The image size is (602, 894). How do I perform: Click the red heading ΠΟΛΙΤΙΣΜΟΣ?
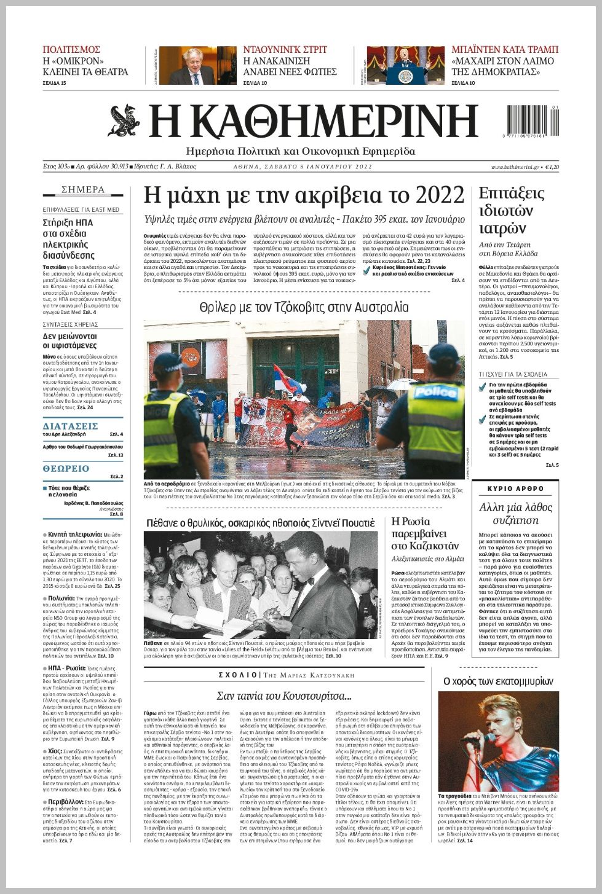click(71, 50)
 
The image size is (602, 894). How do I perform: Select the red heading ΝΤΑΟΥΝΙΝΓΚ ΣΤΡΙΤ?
click(285, 50)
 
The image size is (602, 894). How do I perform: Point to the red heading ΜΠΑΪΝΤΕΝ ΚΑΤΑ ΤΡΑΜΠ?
click(504, 50)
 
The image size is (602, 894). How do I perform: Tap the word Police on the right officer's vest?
click(434, 393)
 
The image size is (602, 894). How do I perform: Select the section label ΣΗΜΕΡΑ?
click(83, 189)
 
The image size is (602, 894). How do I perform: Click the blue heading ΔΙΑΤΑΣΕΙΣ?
click(71, 426)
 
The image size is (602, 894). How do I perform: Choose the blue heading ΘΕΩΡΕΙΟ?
click(66, 469)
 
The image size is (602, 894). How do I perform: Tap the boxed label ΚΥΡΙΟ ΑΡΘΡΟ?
click(515, 488)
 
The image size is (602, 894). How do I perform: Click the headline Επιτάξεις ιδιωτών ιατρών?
click(511, 211)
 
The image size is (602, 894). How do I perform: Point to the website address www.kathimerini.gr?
click(515, 167)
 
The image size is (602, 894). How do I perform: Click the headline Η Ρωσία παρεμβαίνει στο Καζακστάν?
click(425, 533)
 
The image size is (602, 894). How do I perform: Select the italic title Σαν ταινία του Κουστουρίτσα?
click(284, 696)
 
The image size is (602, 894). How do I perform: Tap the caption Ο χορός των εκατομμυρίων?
click(498, 681)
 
